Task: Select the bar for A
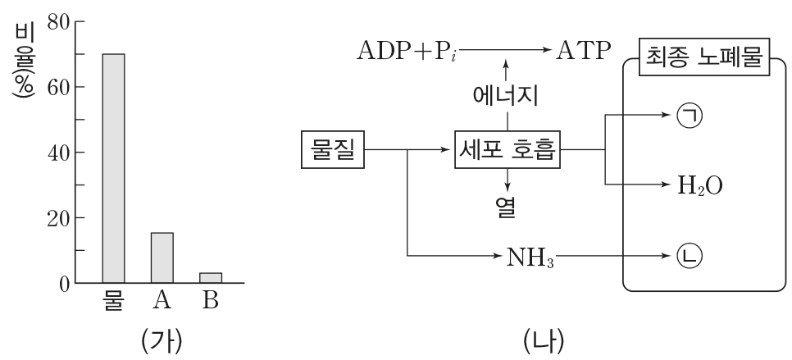162,257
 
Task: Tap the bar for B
211,278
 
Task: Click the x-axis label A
162,300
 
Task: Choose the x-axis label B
211,300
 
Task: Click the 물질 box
333,149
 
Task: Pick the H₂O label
699,184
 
